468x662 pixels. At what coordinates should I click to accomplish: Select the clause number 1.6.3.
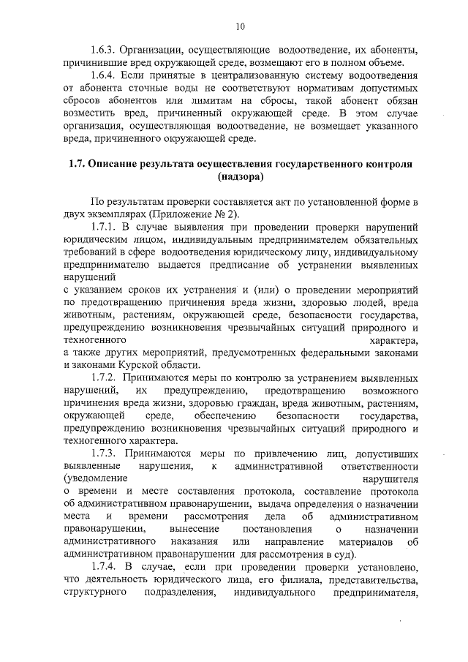click(104, 50)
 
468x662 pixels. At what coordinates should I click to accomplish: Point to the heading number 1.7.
click(75, 164)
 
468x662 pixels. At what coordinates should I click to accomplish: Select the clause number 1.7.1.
click(104, 227)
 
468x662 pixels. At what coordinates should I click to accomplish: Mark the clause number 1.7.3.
click(104, 453)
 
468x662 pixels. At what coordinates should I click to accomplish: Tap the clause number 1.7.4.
click(104, 566)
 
